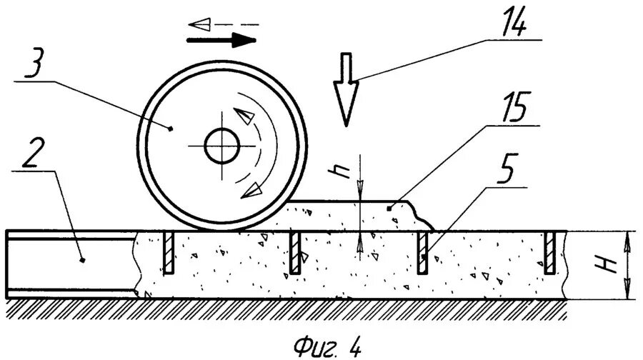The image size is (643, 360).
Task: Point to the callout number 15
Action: pos(512,107)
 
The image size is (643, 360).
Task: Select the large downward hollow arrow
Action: pos(346,89)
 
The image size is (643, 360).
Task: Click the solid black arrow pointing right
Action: pos(221,40)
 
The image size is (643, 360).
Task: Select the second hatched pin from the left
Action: pos(294,253)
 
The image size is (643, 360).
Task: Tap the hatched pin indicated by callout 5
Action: pos(422,253)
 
